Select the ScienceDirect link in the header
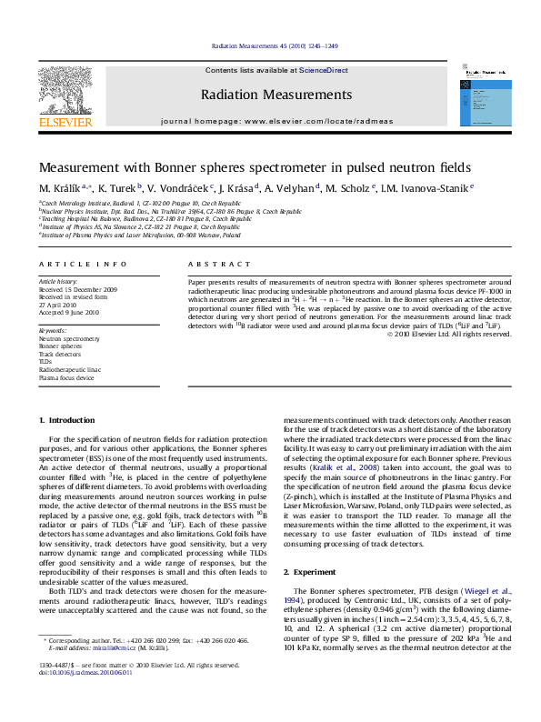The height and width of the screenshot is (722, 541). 324,70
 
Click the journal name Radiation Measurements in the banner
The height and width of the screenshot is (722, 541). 276,95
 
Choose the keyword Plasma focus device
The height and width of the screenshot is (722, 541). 66,377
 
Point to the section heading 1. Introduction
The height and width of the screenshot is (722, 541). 69,420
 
